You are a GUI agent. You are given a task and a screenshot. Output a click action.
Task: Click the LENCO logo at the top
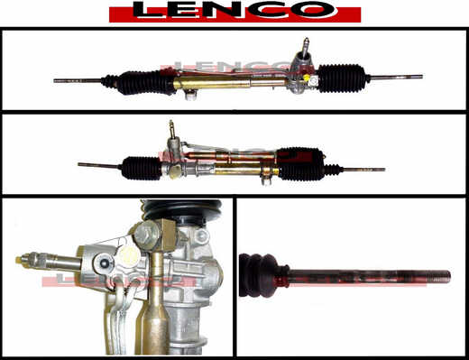[x=234, y=12]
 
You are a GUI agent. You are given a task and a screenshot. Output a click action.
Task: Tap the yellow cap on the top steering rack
[x=307, y=78]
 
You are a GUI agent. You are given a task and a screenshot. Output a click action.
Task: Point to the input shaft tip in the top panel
[x=306, y=41]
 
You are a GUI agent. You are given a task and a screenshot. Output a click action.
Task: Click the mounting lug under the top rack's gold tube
[x=190, y=95]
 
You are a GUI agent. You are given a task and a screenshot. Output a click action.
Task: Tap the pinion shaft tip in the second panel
[x=171, y=124]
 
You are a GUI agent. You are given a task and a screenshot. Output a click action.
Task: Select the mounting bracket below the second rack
[x=266, y=180]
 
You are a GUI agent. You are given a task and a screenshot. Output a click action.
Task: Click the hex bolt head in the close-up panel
[x=145, y=235]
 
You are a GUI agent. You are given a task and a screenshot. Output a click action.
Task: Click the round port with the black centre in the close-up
[x=104, y=263]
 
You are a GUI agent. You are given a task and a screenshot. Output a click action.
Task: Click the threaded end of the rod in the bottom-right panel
[x=433, y=275]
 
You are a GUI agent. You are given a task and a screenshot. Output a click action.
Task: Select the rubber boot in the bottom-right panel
[x=264, y=275]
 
